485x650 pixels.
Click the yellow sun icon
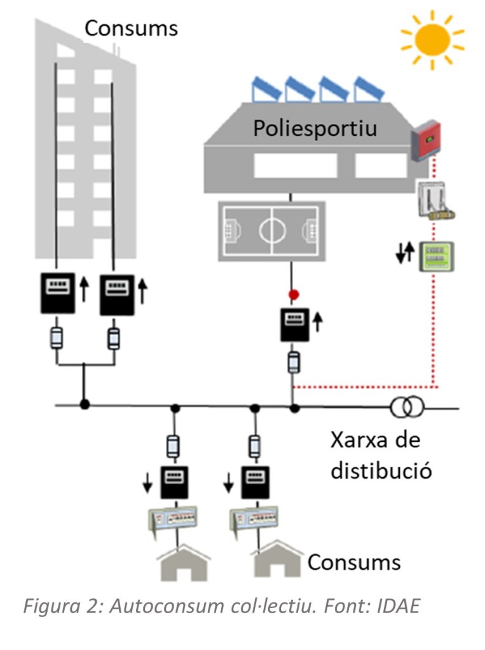pos(432,39)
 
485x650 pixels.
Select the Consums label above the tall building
pos(131,28)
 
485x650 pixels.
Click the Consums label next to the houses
pos(354,562)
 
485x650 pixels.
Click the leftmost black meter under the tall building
pos(58,294)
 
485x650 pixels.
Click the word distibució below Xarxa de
pos(379,471)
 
